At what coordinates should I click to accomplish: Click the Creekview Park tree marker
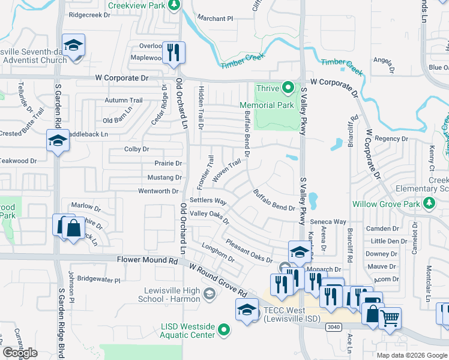[x=173, y=5]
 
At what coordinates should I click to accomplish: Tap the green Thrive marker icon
[x=289, y=88]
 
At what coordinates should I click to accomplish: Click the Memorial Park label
[x=267, y=105]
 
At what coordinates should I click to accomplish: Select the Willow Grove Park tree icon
[x=429, y=204]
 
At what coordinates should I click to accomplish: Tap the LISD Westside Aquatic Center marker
[x=224, y=329]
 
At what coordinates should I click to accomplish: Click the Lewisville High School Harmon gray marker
[x=208, y=293]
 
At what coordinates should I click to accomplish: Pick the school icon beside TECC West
[x=246, y=310]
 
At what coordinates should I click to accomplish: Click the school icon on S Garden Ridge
[x=58, y=141]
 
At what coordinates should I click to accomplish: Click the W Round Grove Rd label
[x=218, y=280]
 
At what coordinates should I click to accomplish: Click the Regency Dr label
[x=391, y=139]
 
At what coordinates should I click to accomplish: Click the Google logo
[x=20, y=353]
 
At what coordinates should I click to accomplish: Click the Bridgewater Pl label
[x=99, y=280]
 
